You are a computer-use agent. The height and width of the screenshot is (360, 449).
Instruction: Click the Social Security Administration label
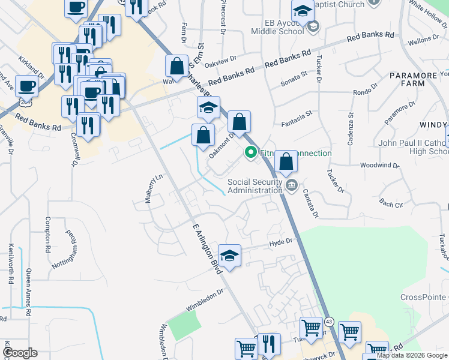tap(254, 186)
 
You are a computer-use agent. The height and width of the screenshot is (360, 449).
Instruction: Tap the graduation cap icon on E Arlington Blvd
tap(229, 256)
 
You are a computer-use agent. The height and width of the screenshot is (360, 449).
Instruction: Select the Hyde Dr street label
tap(280, 242)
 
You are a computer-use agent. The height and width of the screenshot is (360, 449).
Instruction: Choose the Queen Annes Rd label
tap(28, 292)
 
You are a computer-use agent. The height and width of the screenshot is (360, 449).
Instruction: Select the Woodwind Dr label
tap(379, 165)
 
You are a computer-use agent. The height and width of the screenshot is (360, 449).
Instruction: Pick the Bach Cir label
tap(391, 203)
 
